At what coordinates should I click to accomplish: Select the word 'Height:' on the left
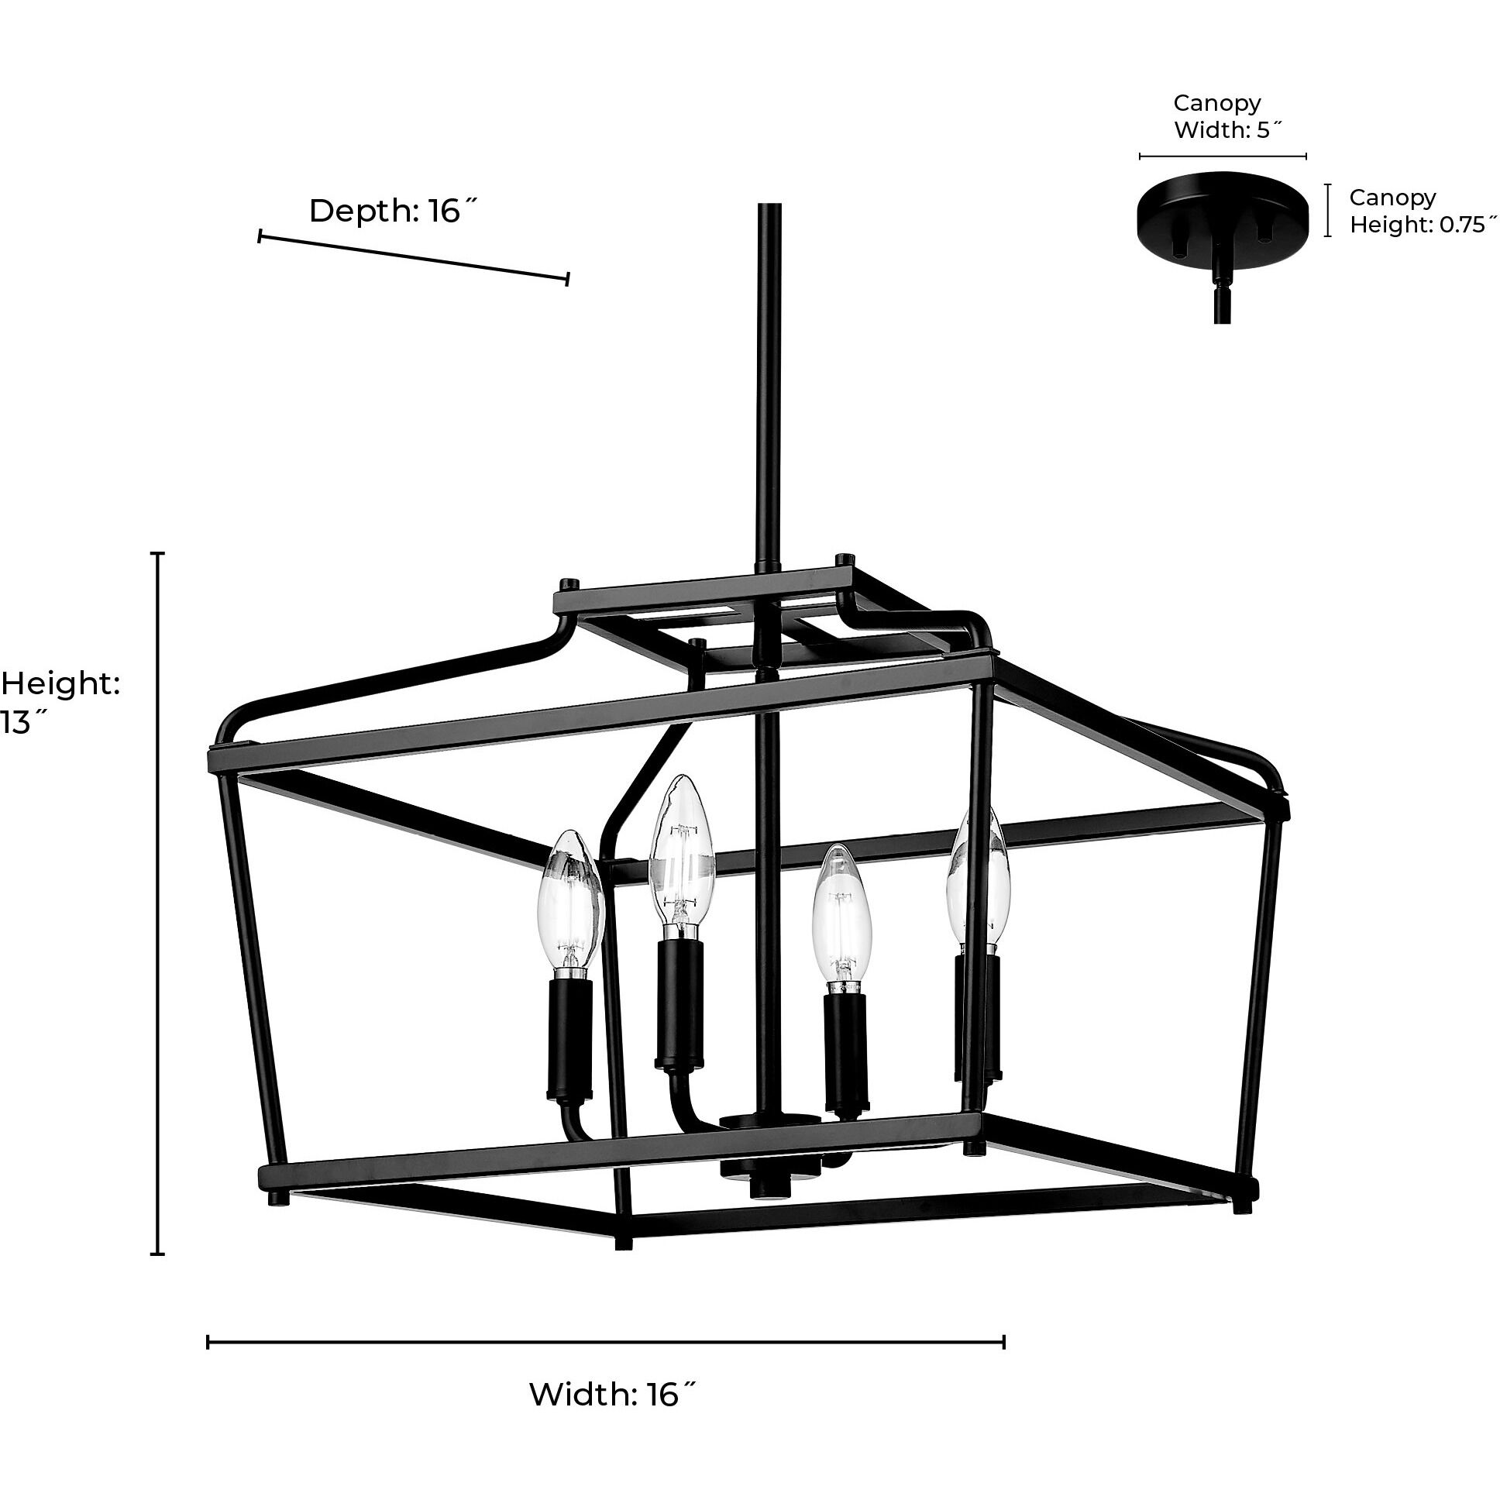(60, 684)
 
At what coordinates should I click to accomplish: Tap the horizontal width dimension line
(606, 1343)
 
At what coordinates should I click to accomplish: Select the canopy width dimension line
(1222, 156)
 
